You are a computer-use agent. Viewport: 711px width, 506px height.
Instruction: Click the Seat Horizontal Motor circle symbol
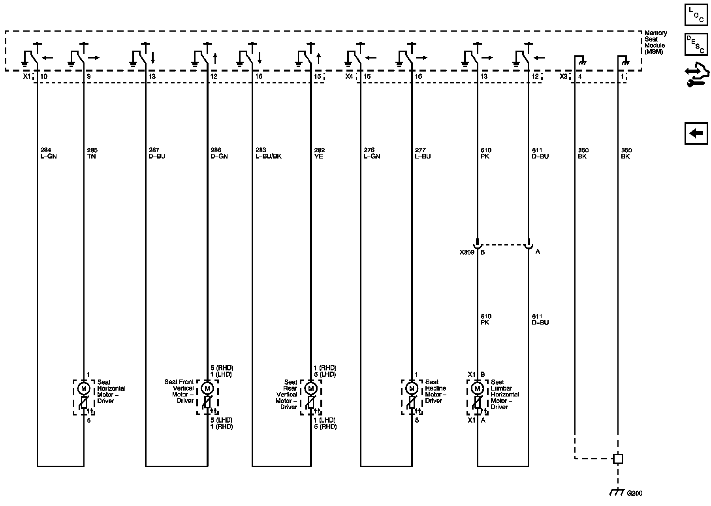point(83,389)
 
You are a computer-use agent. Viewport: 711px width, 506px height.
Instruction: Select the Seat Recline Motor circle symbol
point(412,389)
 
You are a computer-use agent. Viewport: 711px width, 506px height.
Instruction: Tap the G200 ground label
point(635,493)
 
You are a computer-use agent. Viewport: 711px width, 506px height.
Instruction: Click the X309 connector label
point(466,252)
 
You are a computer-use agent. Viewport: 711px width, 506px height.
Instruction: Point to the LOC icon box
point(696,15)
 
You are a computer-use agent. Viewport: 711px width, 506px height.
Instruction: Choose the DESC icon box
point(696,44)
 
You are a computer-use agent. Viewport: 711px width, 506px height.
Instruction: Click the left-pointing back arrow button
point(696,133)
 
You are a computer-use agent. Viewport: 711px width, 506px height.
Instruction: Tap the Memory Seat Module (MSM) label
point(656,42)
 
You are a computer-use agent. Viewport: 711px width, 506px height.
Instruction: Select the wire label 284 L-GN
point(49,153)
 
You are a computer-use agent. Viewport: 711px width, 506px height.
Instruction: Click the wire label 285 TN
point(92,153)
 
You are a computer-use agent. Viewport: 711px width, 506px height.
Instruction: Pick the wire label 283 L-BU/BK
point(269,153)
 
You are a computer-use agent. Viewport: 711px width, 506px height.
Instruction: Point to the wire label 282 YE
point(319,153)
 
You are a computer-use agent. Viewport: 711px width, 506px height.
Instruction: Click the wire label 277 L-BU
point(423,153)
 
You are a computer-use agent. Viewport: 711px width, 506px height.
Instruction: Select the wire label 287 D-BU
point(157,153)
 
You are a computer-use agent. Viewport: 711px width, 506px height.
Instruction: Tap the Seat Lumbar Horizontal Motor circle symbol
point(477,389)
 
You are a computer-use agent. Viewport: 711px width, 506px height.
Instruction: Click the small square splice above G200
point(618,459)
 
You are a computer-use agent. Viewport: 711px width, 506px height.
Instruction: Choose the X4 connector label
point(349,76)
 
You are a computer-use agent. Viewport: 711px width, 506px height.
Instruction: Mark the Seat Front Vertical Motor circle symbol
point(207,389)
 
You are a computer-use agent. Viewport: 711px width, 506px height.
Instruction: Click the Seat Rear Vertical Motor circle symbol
point(310,389)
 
